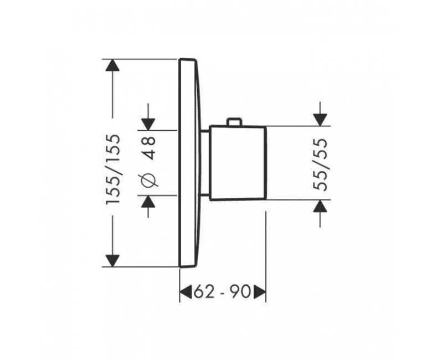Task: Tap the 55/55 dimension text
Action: pos(321,164)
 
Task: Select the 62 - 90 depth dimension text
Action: pos(222,292)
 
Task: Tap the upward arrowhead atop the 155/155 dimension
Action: pos(112,66)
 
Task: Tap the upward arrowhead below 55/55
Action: pos(320,207)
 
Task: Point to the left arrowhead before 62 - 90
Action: pos(187,292)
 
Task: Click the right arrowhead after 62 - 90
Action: pos(260,292)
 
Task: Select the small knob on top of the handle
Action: pos(234,122)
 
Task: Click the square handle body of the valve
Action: pos(238,162)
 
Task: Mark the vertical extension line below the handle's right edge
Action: pos(266,249)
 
